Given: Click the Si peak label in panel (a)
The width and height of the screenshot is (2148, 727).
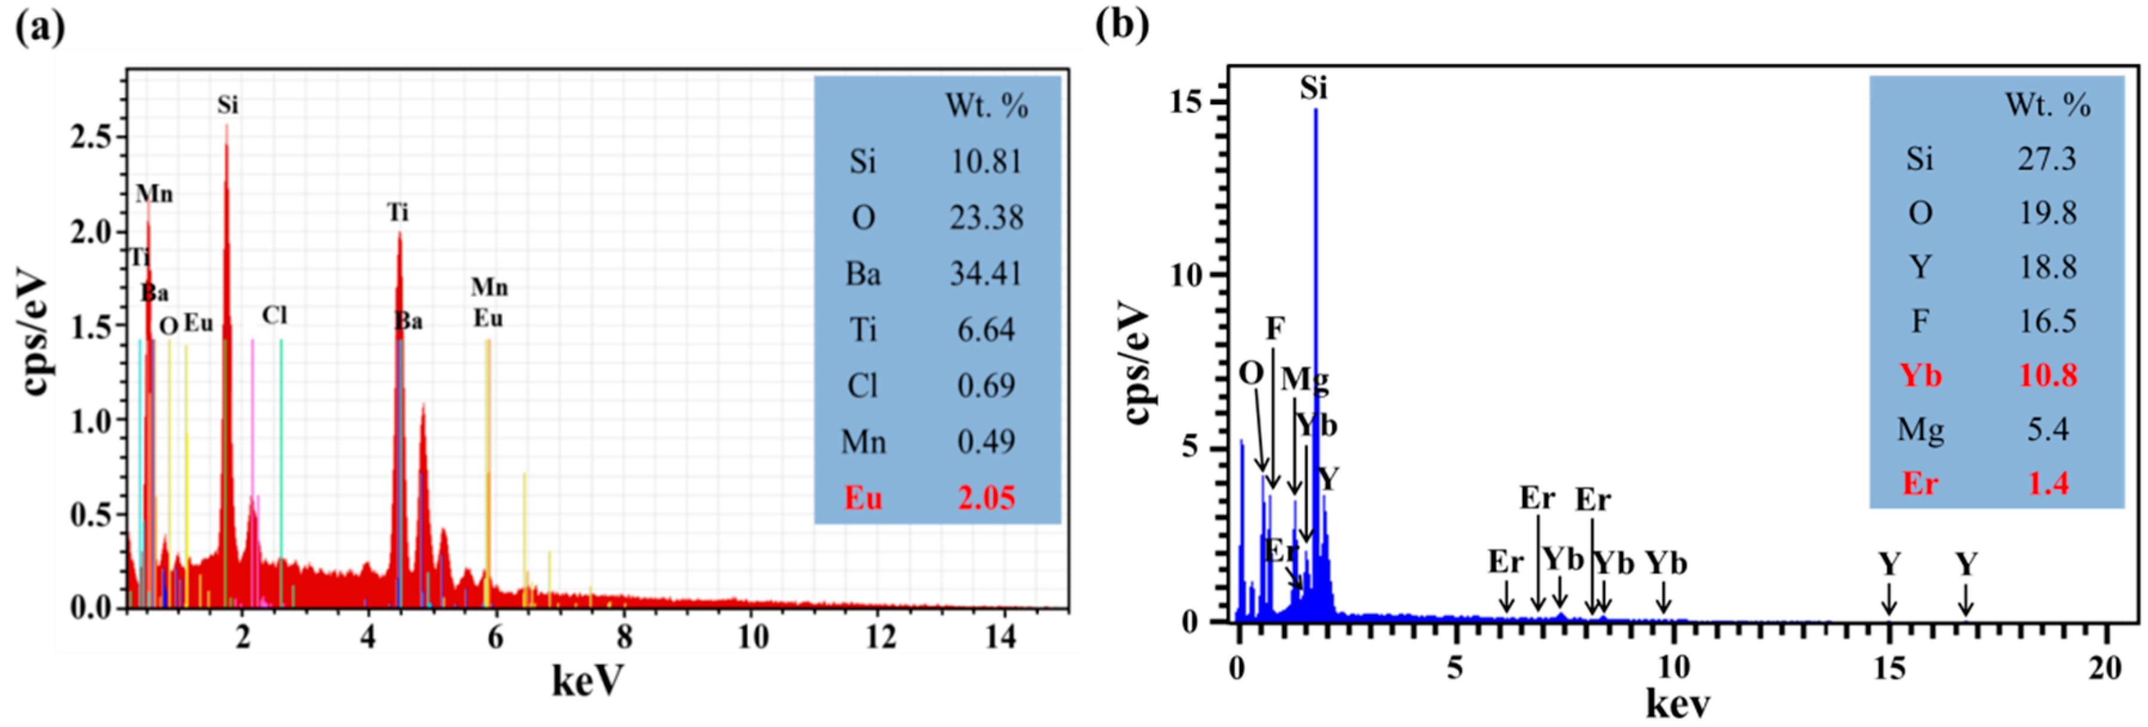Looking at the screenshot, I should [228, 105].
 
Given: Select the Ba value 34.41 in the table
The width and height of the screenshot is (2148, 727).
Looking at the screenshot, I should [985, 273].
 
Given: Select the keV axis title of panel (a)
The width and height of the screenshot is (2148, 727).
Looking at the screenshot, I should [587, 681].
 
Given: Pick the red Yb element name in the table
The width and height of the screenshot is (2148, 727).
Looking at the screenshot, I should [1920, 375].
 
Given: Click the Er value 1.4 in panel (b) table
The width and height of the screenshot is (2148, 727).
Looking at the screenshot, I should [2048, 483].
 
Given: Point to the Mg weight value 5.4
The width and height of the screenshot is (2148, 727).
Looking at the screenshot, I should [2048, 429].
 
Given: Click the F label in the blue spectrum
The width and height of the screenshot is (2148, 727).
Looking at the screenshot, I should [1275, 328].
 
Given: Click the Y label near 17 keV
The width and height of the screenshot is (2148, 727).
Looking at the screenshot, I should [1966, 565].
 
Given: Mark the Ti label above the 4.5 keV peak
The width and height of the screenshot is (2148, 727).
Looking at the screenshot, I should [398, 212].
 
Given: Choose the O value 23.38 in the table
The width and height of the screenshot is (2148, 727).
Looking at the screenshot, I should [985, 218].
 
